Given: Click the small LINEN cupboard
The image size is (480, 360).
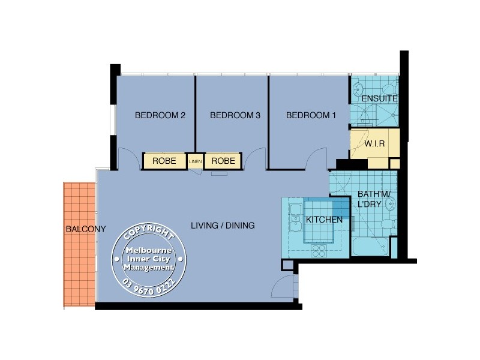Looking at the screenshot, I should [x=195, y=161].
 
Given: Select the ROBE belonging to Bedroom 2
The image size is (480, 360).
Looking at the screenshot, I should [x=164, y=161].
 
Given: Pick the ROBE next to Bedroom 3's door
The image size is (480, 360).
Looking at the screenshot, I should [x=223, y=161].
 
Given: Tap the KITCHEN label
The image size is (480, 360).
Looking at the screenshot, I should [x=324, y=220].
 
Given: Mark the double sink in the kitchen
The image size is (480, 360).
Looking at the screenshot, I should [x=295, y=220].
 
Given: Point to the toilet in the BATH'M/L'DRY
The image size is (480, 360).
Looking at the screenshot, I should [x=387, y=224].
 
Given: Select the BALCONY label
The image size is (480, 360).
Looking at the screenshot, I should [x=86, y=229].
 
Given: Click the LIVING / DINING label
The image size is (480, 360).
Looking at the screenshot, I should [x=223, y=226].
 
